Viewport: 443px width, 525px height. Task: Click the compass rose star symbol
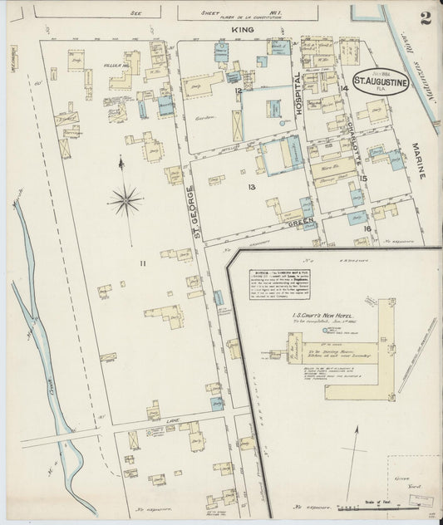coord(124,199)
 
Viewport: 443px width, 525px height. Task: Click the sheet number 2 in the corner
coord(425,19)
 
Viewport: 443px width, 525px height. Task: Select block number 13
coord(249,187)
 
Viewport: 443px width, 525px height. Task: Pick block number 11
coord(142,264)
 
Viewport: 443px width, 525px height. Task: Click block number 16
coord(367,227)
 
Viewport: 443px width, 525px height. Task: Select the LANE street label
coord(172,421)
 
